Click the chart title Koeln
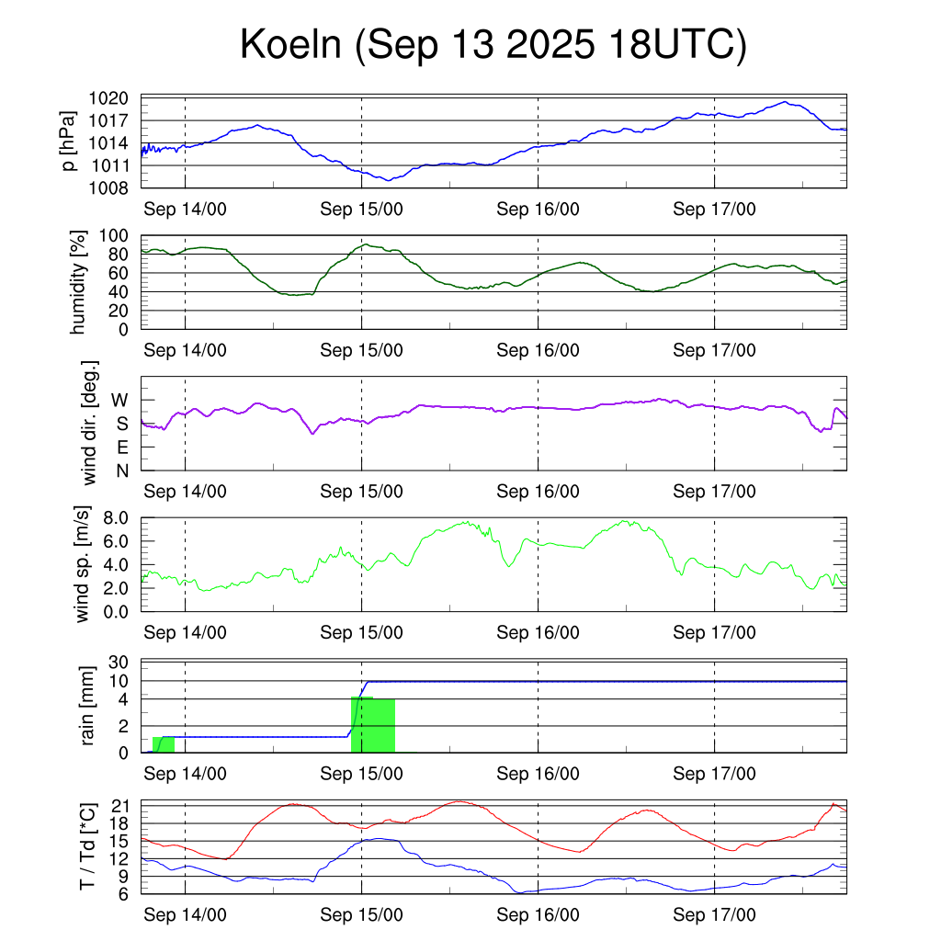493,46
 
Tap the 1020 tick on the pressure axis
115,97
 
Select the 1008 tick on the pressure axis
115,188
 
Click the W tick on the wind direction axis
120,401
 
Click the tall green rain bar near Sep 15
373,725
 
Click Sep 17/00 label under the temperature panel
714,915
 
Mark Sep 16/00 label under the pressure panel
538,209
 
